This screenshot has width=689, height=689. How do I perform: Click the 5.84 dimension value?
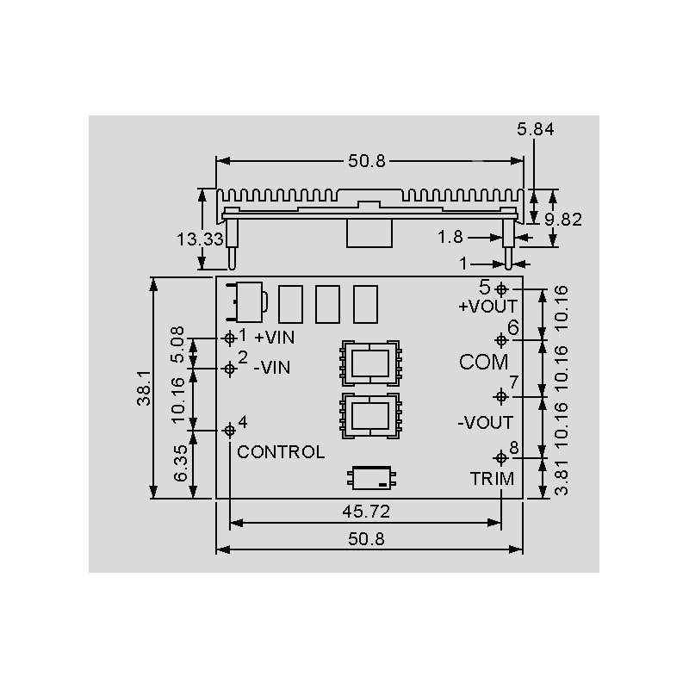click(x=535, y=129)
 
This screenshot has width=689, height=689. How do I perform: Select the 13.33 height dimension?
click(x=200, y=239)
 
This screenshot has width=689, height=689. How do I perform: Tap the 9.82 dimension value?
click(x=563, y=220)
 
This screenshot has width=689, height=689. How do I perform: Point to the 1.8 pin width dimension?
click(x=450, y=238)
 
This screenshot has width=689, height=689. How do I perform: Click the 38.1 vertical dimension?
click(x=144, y=388)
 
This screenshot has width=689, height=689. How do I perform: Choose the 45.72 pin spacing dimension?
click(x=366, y=512)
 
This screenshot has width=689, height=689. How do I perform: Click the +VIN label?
click(x=275, y=338)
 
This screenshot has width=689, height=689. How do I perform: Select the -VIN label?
click(x=272, y=368)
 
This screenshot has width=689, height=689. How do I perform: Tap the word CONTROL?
click(x=281, y=452)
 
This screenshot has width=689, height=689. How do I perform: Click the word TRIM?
click(x=492, y=479)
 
